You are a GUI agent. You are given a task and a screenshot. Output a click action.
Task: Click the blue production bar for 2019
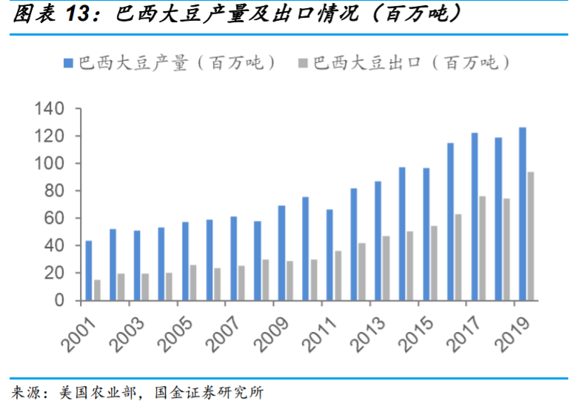(522, 214)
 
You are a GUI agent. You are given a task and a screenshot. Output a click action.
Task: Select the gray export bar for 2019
(530, 236)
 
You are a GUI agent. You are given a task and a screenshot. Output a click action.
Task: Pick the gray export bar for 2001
(97, 290)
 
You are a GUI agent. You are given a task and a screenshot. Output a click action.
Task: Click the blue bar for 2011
(329, 255)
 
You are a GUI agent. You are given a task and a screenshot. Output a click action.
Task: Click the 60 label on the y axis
(55, 219)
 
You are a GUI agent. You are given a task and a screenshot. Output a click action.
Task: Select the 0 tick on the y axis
(60, 301)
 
